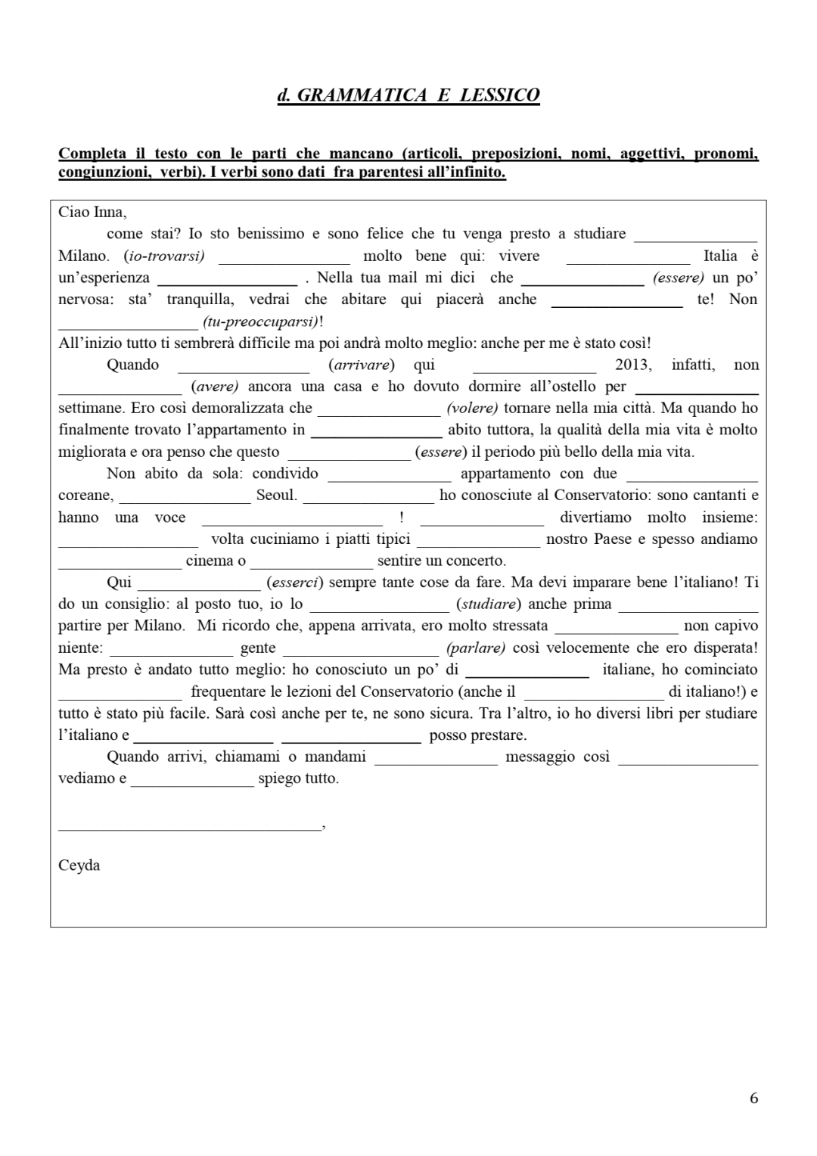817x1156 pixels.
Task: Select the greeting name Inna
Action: pyautogui.click(x=109, y=212)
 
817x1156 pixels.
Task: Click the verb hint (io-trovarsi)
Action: pyautogui.click(x=164, y=256)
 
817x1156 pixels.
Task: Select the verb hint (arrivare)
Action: pyautogui.click(x=362, y=365)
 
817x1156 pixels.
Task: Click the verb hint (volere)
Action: pyautogui.click(x=472, y=409)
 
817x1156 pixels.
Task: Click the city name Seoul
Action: pyautogui.click(x=276, y=496)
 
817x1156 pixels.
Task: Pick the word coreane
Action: pyautogui.click(x=85, y=496)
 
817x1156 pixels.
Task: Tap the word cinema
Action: pyautogui.click(x=210, y=561)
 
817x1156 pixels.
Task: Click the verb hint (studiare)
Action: pyautogui.click(x=488, y=604)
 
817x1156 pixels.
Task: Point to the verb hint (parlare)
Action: pyautogui.click(x=476, y=648)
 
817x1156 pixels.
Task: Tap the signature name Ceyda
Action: pyautogui.click(x=79, y=865)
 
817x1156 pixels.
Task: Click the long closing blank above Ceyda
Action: pyautogui.click(x=190, y=829)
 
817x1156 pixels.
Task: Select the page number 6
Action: pyautogui.click(x=753, y=1099)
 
